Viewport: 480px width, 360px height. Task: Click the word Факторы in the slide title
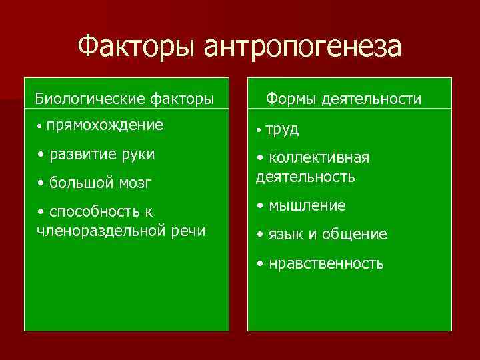pos(137,47)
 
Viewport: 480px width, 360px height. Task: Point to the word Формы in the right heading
pos(291,99)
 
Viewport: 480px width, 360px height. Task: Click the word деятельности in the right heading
pos(371,99)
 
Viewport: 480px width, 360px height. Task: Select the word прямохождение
pos(105,125)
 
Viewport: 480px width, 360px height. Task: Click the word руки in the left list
pos(138,154)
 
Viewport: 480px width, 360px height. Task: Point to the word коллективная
pos(318,158)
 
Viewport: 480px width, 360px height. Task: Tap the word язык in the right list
pos(285,235)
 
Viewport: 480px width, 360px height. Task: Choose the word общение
pos(357,235)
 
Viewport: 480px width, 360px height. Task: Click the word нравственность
pos(326,263)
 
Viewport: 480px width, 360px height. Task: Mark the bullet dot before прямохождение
pos(41,126)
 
